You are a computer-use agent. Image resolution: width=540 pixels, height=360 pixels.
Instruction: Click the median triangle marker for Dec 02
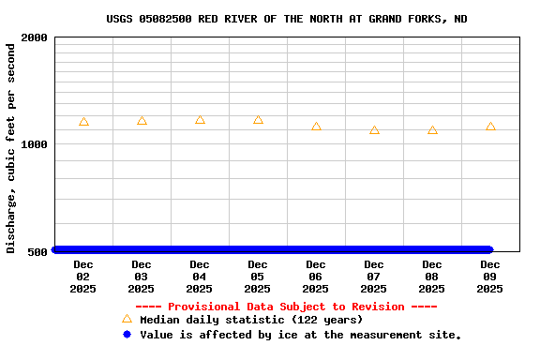point(83,122)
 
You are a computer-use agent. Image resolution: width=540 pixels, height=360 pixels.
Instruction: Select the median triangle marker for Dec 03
point(142,121)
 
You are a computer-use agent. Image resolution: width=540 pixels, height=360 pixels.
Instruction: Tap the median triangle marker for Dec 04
point(200,120)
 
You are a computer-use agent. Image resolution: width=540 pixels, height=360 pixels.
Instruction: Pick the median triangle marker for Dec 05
point(258,120)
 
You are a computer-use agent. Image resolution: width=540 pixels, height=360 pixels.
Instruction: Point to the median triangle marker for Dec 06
point(316,127)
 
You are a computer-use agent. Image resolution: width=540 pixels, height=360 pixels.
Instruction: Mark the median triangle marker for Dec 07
point(374,130)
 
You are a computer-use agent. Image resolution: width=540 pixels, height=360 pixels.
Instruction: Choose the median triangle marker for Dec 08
point(432,130)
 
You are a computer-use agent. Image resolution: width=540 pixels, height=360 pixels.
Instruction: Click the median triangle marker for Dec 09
point(490,127)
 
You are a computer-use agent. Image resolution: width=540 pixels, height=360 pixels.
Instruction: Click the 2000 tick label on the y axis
point(35,37)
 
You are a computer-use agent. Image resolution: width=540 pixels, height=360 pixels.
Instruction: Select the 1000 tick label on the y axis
point(35,144)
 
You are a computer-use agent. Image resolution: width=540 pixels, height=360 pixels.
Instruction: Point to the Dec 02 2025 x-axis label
point(83,277)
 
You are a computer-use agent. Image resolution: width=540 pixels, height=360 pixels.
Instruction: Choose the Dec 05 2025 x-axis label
point(258,277)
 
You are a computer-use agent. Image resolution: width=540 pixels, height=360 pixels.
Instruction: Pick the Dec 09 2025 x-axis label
point(490,277)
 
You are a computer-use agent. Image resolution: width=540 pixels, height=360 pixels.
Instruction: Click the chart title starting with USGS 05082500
point(287,19)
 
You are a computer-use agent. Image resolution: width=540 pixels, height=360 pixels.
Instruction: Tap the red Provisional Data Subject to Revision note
point(286,307)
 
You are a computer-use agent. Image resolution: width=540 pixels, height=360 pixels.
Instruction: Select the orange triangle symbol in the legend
point(127,319)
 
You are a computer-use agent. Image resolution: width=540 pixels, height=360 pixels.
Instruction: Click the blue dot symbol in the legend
point(127,334)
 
